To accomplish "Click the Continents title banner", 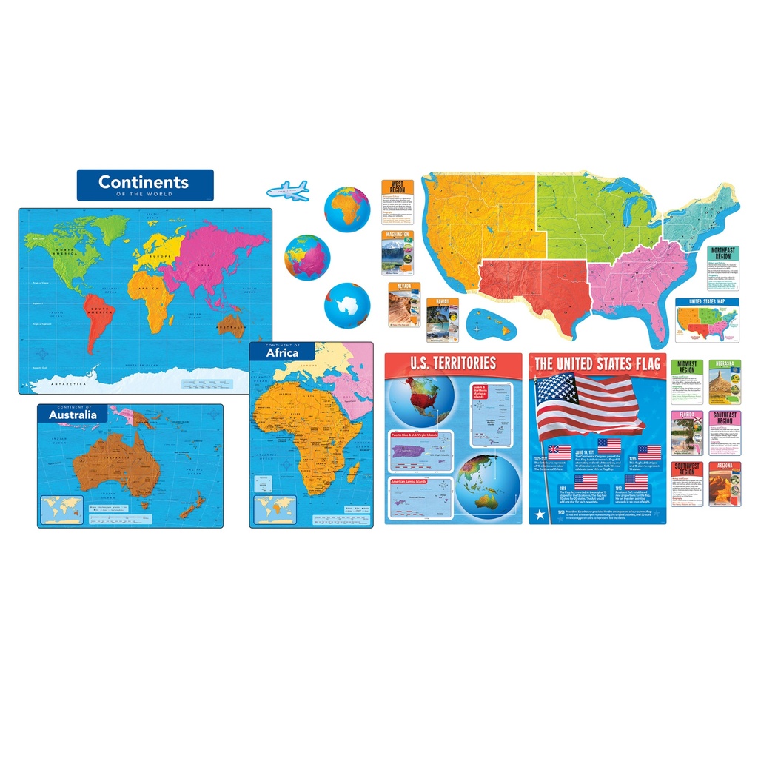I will point(145,184).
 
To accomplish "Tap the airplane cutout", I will point(288,190).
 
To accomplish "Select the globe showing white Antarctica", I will point(347,305).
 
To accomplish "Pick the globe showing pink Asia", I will point(307,257).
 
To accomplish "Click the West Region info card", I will point(398,201).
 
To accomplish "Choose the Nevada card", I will point(404,304).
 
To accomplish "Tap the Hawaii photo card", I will point(442,319).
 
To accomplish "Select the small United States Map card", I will point(707,320).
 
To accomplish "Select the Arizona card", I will point(725,484).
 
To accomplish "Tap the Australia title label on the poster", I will point(73,414).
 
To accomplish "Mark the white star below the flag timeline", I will point(540,514).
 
